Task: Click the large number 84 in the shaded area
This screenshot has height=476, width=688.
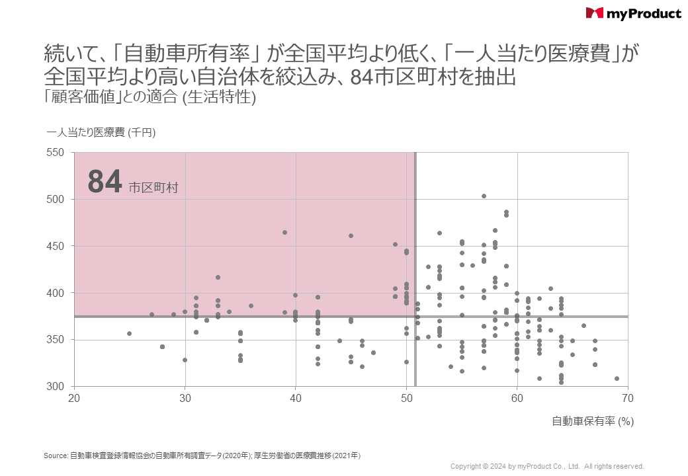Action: pyautogui.click(x=105, y=182)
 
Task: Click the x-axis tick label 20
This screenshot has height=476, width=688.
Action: pyautogui.click(x=75, y=398)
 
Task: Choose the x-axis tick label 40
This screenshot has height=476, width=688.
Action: pyautogui.click(x=296, y=398)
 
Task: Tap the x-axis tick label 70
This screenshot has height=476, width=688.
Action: pyautogui.click(x=628, y=398)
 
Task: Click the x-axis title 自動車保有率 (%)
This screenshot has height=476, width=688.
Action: pyautogui.click(x=593, y=421)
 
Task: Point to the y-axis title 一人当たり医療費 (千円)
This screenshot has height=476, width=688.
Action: pyautogui.click(x=101, y=132)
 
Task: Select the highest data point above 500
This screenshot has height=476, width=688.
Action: pyautogui.click(x=484, y=196)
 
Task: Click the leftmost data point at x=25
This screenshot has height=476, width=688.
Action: pyautogui.click(x=130, y=334)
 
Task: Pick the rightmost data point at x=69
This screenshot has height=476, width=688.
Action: pyautogui.click(x=617, y=379)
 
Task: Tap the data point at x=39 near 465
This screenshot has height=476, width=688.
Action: pyautogui.click(x=284, y=233)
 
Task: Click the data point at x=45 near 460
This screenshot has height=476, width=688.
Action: pyautogui.click(x=351, y=236)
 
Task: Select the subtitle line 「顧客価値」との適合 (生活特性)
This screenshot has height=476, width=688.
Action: pyautogui.click(x=150, y=97)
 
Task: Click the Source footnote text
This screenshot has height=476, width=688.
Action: pyautogui.click(x=202, y=456)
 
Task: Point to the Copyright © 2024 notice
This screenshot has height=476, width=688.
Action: pyautogui.click(x=547, y=466)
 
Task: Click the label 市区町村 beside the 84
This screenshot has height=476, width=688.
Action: pyautogui.click(x=153, y=188)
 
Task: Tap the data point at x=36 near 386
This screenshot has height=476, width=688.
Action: pyautogui.click(x=251, y=306)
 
